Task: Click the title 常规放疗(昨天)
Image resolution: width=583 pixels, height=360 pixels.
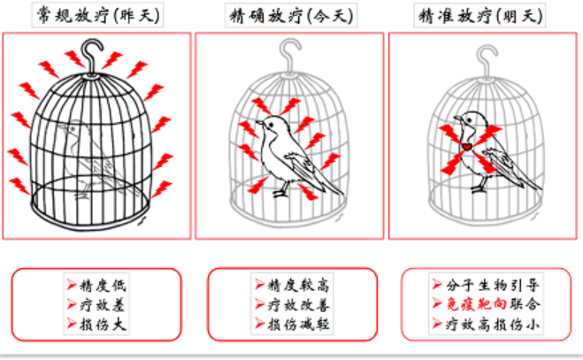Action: click(x=98, y=15)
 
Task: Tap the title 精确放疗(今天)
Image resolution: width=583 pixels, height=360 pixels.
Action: click(x=291, y=16)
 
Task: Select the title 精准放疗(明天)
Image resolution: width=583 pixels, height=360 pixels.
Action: click(x=480, y=16)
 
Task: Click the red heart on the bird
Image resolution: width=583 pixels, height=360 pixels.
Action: click(x=467, y=147)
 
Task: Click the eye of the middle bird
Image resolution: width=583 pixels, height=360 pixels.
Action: click(x=271, y=124)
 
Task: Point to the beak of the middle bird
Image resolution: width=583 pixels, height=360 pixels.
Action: click(x=259, y=122)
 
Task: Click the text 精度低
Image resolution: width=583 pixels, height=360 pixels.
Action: click(x=103, y=285)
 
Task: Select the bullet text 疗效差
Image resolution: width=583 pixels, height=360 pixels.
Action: click(x=102, y=305)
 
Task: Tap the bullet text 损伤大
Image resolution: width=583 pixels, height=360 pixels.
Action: click(x=103, y=325)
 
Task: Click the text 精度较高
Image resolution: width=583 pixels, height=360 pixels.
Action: click(x=298, y=285)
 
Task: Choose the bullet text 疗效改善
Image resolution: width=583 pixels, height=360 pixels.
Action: click(x=298, y=305)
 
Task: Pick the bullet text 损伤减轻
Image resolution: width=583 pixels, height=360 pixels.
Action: click(x=298, y=325)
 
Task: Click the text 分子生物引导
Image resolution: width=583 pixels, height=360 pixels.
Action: click(x=492, y=285)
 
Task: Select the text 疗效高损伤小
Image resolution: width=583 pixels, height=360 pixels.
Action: click(x=492, y=325)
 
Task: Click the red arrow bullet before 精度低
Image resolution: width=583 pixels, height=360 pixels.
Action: click(x=72, y=285)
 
